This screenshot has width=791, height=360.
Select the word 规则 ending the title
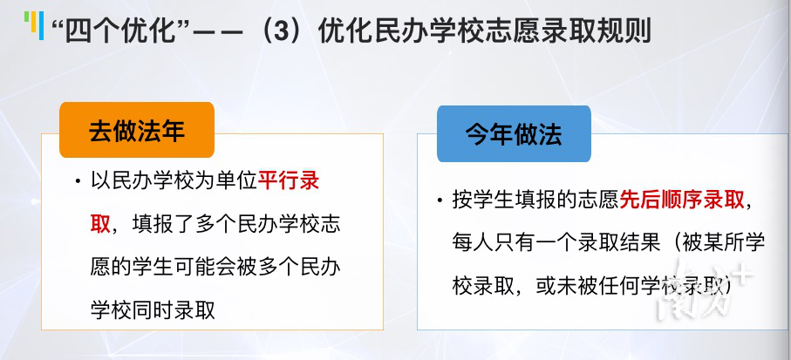tap(624, 31)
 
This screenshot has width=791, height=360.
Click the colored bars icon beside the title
tap(34, 24)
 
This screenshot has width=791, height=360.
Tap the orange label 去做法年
tap(137, 130)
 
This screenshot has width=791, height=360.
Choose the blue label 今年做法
tap(514, 133)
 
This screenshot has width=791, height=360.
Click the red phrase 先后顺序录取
tap(681, 200)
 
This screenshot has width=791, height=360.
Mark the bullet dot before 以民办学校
tap(78, 181)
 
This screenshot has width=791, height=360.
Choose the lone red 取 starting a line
tap(100, 224)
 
